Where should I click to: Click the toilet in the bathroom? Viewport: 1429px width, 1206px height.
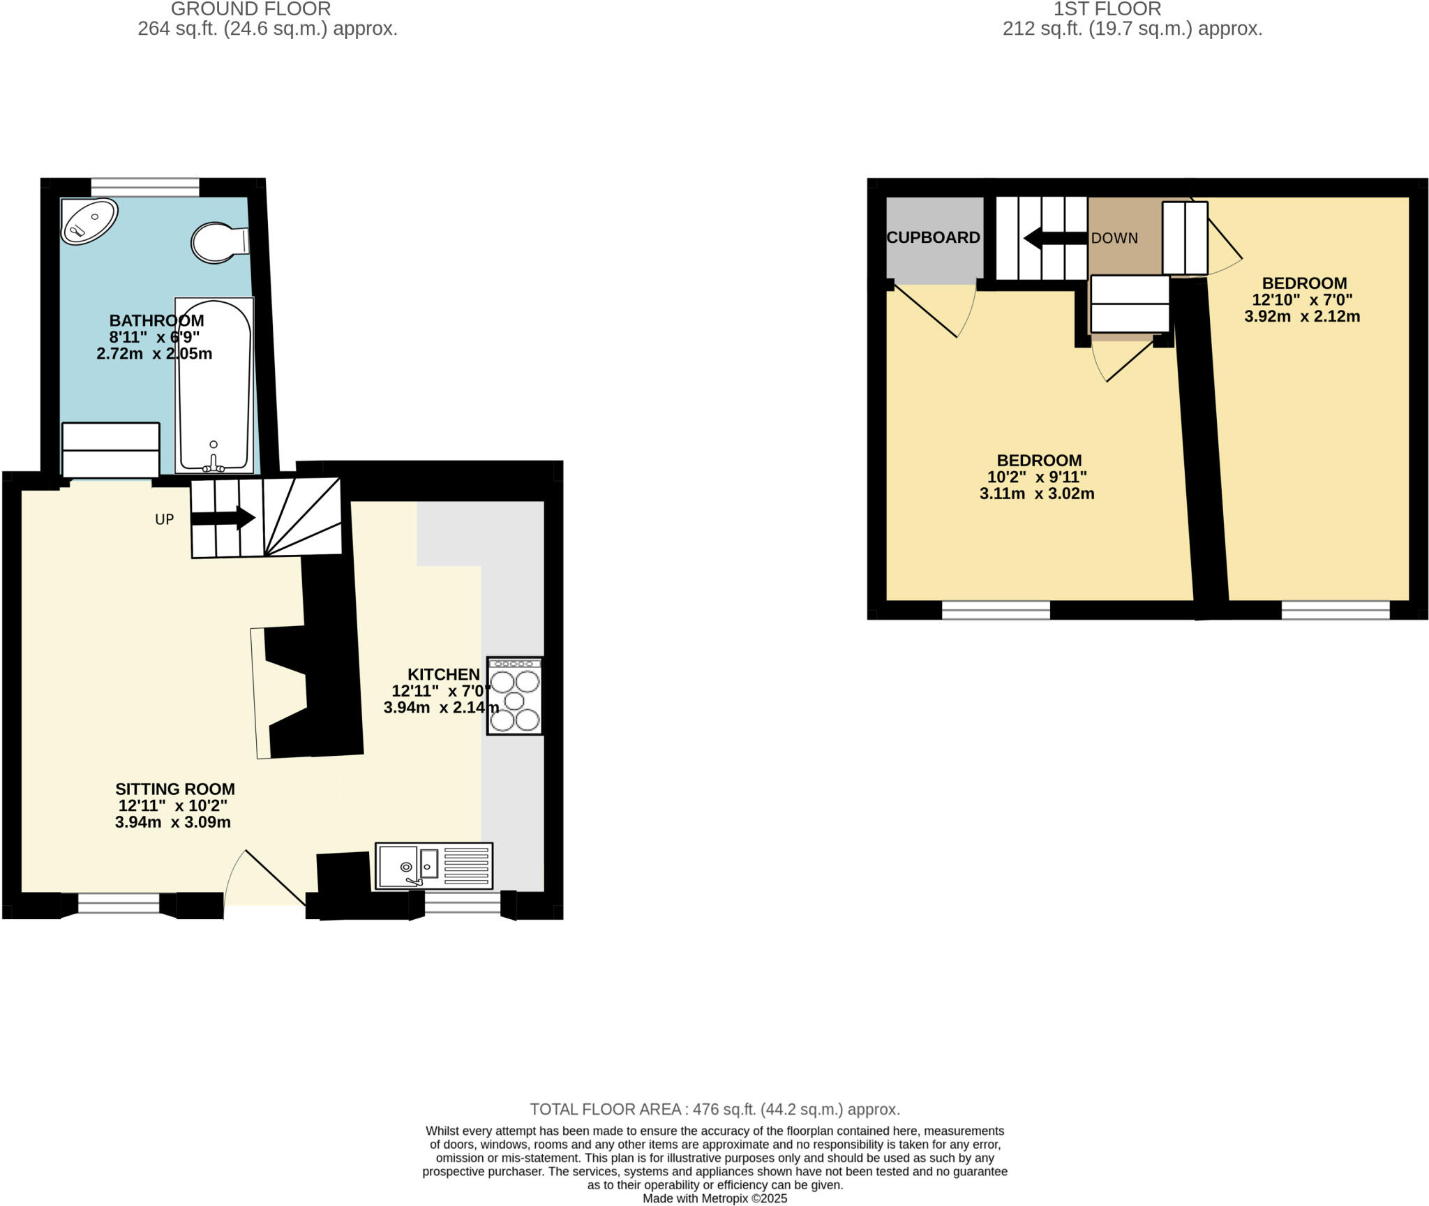[218, 242]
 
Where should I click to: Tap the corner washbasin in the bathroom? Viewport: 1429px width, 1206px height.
[88, 221]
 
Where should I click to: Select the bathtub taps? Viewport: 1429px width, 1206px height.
[214, 461]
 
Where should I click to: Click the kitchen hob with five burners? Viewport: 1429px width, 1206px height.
[514, 696]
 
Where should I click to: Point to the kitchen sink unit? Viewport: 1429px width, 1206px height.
[433, 866]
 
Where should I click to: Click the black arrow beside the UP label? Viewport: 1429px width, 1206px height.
[223, 518]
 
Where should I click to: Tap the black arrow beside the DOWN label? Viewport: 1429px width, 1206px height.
[1054, 238]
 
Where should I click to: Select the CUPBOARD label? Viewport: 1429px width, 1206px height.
[933, 237]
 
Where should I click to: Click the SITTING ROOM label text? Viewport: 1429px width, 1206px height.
[174, 789]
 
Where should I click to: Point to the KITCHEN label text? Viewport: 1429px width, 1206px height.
[444, 674]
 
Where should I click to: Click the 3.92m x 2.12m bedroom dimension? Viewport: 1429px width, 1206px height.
[1302, 316]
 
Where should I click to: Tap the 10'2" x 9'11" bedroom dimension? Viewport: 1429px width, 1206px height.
[1037, 477]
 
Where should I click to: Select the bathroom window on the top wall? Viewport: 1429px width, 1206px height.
[145, 187]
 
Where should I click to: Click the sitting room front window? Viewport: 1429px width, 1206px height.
[119, 904]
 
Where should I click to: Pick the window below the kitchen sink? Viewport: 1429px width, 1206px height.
[463, 904]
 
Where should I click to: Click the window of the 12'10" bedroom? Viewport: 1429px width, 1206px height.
[1336, 610]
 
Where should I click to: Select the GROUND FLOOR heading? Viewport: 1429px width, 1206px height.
[250, 9]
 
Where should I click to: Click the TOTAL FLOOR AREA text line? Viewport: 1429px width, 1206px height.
[714, 1109]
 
